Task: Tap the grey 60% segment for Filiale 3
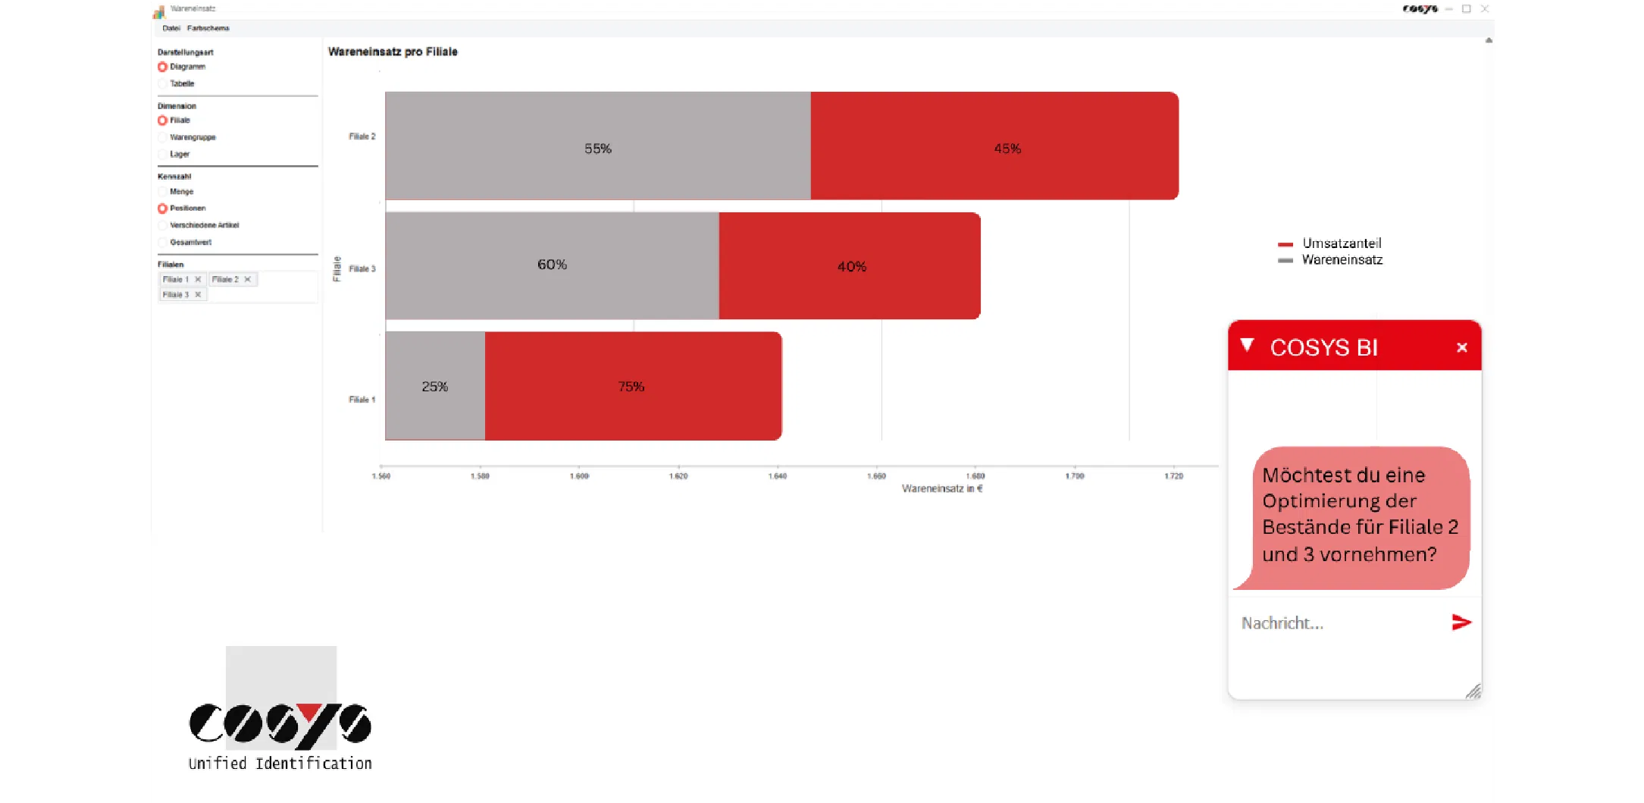coord(552,265)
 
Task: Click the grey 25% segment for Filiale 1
coord(435,386)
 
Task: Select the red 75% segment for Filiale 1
coord(632,386)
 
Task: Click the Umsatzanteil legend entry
coord(1341,243)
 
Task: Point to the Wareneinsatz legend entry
coord(1341,260)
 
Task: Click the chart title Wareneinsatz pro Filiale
coord(393,52)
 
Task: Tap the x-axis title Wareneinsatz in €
coord(941,488)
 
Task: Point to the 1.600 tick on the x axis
coord(579,476)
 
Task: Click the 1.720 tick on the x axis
coord(1173,476)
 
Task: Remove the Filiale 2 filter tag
coord(247,280)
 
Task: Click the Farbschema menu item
coord(208,28)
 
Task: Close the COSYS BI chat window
coord(1461,347)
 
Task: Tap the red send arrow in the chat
coord(1461,623)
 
